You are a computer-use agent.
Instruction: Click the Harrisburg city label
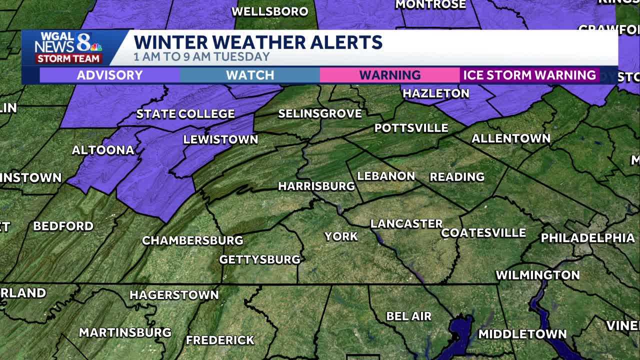click(316, 186)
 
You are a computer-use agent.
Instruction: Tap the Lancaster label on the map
click(406, 224)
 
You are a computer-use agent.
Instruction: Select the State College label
click(185, 114)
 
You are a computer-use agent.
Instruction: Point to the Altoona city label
click(103, 150)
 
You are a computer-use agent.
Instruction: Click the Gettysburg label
click(259, 259)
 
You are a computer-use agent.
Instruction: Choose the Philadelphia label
click(587, 238)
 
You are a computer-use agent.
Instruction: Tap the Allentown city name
click(510, 138)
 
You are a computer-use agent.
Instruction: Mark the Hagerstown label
click(174, 295)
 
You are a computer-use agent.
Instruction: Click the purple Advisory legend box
click(109, 75)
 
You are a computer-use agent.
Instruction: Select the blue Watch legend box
click(250, 75)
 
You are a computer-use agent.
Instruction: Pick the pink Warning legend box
click(390, 75)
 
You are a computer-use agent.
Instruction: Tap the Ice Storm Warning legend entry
click(529, 75)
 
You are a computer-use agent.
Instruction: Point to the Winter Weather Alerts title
click(258, 42)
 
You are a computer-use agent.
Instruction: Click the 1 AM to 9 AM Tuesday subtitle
click(201, 56)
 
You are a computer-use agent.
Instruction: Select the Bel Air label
click(408, 316)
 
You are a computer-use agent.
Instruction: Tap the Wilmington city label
click(537, 275)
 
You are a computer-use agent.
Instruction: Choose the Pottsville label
click(411, 128)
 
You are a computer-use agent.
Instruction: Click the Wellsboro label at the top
click(269, 11)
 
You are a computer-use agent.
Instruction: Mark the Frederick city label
click(220, 340)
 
